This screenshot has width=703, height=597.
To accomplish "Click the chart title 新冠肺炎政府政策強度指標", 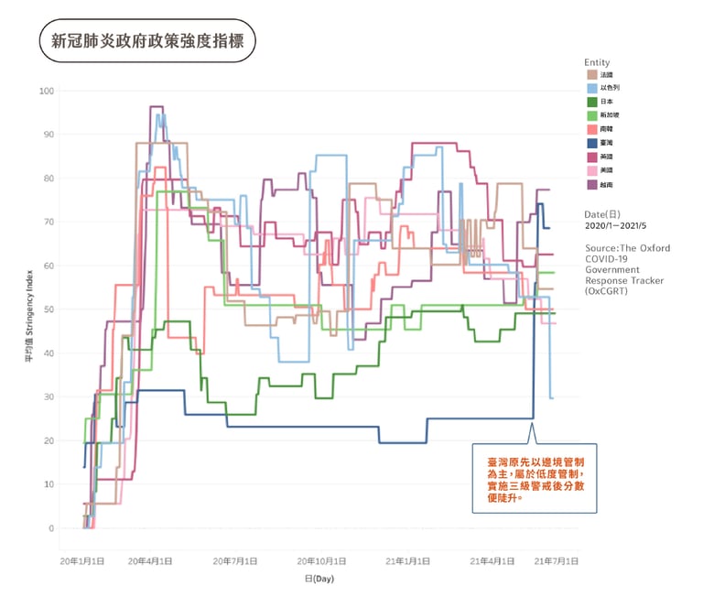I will (146, 41).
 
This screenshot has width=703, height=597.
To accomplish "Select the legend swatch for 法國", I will (592, 74).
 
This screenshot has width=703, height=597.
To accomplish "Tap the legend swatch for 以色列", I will (592, 88).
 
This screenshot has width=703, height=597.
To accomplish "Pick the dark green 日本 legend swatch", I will (592, 102).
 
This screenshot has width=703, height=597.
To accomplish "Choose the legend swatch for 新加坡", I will (592, 115).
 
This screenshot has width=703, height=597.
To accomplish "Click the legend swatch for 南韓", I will (592, 129).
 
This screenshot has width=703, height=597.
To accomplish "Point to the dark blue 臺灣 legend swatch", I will (592, 143).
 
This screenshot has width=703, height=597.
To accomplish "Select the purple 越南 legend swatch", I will (592, 184).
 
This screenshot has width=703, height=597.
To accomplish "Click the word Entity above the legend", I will (598, 62).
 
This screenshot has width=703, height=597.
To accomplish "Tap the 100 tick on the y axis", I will (46, 91).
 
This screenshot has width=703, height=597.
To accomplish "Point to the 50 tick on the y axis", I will (49, 309).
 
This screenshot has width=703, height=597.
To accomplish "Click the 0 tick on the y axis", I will (51, 528).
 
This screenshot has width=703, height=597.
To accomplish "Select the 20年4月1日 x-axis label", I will (150, 560).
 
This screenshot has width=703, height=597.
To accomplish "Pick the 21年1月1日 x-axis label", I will (411, 560).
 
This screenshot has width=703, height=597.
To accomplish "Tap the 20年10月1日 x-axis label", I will (323, 560).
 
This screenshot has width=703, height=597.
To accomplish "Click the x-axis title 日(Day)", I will (321, 580).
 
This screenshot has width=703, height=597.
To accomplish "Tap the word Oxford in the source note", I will (654, 248).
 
